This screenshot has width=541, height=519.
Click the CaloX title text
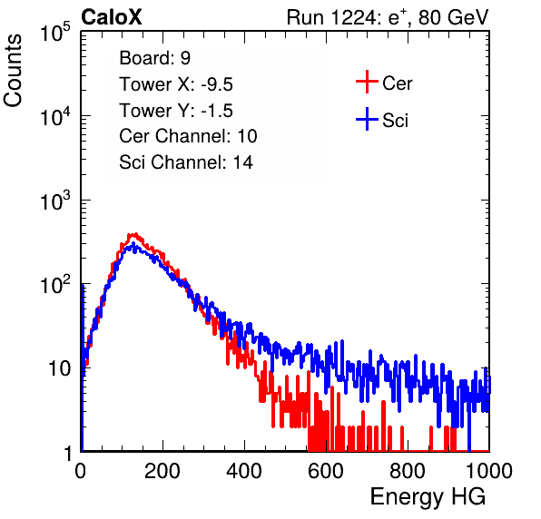click(x=112, y=17)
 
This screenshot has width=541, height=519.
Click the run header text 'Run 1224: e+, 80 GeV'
click(x=388, y=17)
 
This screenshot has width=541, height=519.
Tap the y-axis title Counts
click(x=13, y=71)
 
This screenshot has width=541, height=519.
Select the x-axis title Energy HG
click(x=428, y=497)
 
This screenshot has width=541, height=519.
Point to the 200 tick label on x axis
click(x=162, y=471)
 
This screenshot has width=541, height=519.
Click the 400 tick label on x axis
click(x=244, y=471)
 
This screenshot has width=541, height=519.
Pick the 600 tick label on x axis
click(x=326, y=471)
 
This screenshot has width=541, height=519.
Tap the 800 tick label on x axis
click(x=408, y=471)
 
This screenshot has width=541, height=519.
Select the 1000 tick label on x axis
click(x=489, y=471)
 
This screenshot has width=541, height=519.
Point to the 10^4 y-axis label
click(x=55, y=116)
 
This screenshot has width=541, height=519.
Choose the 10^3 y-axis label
click(x=55, y=201)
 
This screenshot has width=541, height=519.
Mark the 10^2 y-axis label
click(x=55, y=285)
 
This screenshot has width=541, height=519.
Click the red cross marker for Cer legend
click(x=367, y=82)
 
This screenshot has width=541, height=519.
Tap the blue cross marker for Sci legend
click(x=367, y=120)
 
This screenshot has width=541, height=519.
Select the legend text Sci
click(x=396, y=121)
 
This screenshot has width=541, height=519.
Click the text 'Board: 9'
click(x=155, y=58)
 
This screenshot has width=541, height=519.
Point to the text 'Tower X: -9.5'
click(x=176, y=84)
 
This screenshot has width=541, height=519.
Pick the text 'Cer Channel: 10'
click(x=188, y=136)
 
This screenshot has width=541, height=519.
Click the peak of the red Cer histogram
click(x=134, y=234)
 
